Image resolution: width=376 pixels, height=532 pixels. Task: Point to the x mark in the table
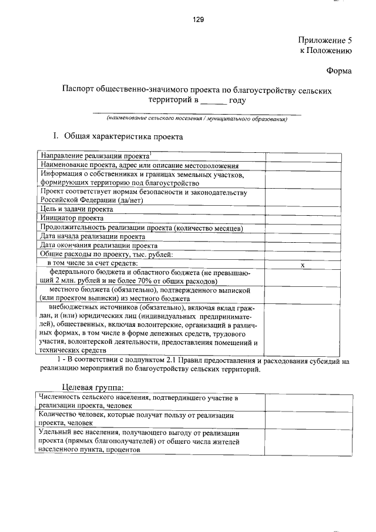click(x=303, y=265)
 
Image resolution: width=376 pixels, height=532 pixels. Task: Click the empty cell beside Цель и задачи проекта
click(x=303, y=209)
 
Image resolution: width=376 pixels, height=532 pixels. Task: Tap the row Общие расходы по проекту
click(x=106, y=254)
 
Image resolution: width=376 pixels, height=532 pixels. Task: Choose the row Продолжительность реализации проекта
click(x=141, y=227)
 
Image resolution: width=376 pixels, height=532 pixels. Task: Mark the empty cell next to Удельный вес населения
click(x=303, y=440)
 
